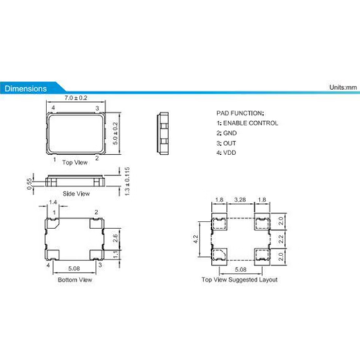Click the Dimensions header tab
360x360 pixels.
point(26,89)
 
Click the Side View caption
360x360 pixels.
point(75,193)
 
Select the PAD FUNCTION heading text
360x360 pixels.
point(240,112)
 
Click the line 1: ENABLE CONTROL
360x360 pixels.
point(247,123)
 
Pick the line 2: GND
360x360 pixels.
point(227,132)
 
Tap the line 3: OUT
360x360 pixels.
point(227,142)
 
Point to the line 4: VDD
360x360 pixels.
point(227,152)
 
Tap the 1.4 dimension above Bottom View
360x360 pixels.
point(53,202)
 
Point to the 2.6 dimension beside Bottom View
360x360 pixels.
point(114,236)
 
